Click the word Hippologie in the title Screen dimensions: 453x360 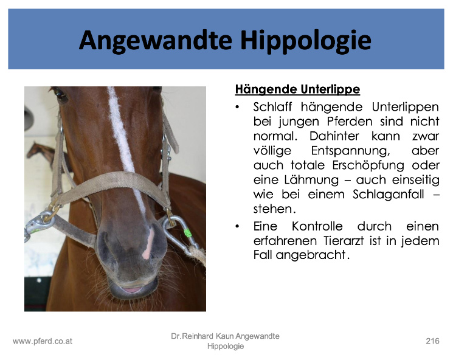point(306,41)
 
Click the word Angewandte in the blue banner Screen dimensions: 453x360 point(156,41)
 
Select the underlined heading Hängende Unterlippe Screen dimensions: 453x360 point(297,89)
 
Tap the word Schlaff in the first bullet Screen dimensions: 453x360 point(272,107)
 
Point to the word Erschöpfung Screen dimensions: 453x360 point(368,165)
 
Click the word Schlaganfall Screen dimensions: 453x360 point(389,194)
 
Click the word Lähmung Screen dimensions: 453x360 point(311,180)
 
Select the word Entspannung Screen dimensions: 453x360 point(350,151)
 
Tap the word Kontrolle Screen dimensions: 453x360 point(317,226)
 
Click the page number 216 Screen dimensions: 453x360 point(432,341)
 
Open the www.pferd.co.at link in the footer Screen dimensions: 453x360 point(43,342)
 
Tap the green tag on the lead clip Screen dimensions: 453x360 point(188,232)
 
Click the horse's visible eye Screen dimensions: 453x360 point(59,93)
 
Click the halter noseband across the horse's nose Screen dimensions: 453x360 point(112,185)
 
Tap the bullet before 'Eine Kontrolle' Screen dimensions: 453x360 point(237,226)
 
